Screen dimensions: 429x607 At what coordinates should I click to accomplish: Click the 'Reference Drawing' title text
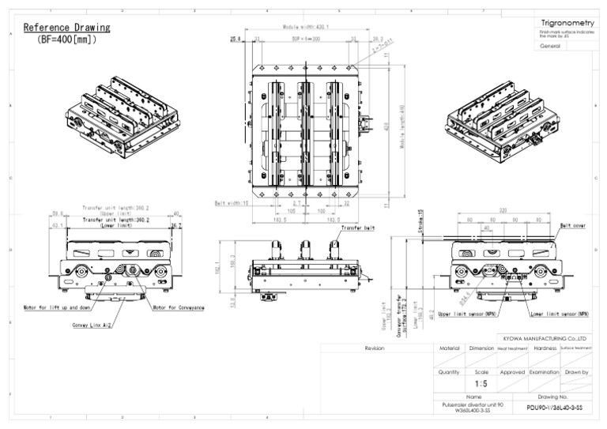click(66, 28)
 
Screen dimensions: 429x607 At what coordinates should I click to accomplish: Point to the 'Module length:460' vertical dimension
click(402, 130)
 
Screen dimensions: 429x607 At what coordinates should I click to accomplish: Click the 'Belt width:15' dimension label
click(232, 203)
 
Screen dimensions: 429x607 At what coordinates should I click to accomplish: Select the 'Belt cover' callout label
click(572, 225)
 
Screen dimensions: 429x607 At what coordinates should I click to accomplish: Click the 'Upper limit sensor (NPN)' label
click(467, 314)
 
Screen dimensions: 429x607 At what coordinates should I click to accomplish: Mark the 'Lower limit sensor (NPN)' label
click(560, 314)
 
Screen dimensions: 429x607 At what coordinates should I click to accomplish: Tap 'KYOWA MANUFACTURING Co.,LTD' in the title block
click(545, 338)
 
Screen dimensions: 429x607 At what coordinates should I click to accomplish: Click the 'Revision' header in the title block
click(375, 348)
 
